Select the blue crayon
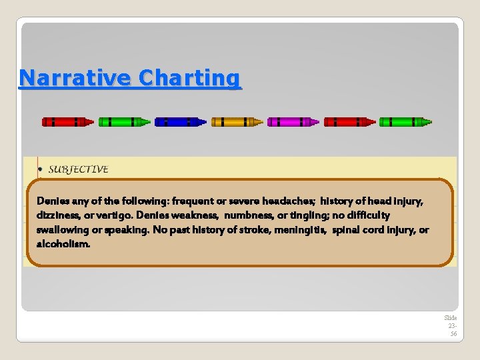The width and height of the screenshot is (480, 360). pyautogui.click(x=180, y=122)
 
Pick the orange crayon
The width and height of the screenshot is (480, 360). pyautogui.click(x=237, y=122)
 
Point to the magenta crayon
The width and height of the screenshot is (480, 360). pyautogui.click(x=293, y=122)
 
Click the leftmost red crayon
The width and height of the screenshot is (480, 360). pyautogui.click(x=67, y=122)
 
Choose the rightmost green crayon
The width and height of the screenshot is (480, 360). pyautogui.click(x=405, y=122)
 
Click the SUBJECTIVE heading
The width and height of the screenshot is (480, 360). pyautogui.click(x=78, y=169)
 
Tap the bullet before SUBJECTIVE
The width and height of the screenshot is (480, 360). pyautogui.click(x=41, y=170)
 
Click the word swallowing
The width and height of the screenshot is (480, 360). pyautogui.click(x=62, y=230)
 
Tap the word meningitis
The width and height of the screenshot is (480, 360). pyautogui.click(x=290, y=230)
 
